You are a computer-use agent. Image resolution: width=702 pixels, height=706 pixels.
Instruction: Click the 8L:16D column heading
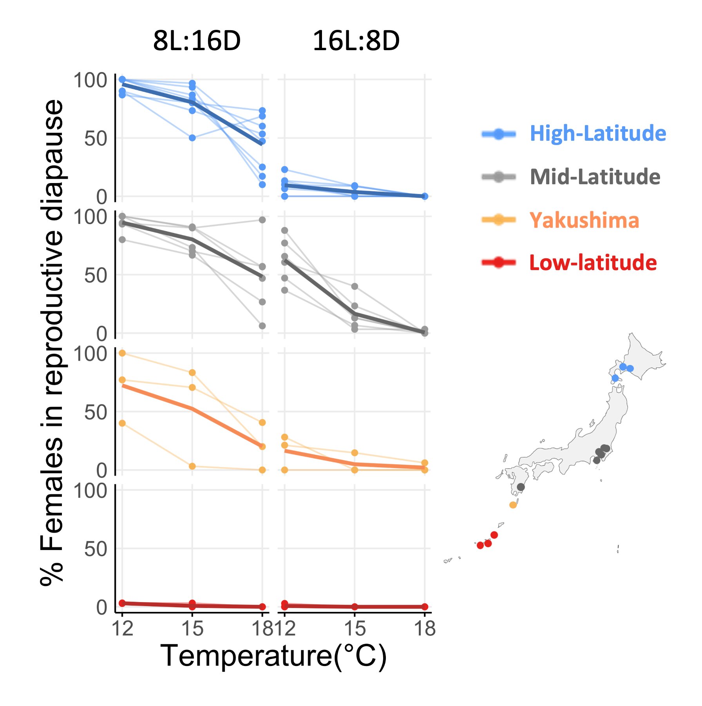coord(197,41)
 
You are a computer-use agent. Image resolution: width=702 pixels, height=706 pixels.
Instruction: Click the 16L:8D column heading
coord(356,41)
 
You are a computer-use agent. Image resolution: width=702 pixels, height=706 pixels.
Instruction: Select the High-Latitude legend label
coord(597,133)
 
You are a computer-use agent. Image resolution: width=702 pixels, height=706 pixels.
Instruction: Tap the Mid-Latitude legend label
coord(595,177)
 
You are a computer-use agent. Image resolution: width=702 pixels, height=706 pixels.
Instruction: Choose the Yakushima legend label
coord(584,220)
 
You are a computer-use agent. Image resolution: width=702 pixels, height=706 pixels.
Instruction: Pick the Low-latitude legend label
coord(593,263)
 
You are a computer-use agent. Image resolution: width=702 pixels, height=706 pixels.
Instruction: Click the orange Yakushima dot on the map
coord(513,505)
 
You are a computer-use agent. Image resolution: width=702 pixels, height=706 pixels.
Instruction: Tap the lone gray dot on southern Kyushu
coord(521,487)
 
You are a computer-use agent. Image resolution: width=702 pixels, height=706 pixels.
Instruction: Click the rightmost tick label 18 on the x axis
coord(425,629)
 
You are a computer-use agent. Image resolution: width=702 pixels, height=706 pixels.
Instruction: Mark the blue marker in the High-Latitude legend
coord(498,134)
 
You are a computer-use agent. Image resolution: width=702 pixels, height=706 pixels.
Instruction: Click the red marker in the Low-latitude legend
coord(498,263)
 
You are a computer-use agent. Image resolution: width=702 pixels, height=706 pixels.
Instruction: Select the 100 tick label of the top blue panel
coord(90,80)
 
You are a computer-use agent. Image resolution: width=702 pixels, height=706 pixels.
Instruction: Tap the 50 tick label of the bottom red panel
coord(95,549)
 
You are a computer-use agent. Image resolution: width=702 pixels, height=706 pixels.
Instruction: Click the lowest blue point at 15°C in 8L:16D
coord(192,138)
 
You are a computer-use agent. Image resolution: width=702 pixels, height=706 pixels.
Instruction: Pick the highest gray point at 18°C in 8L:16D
coord(262,220)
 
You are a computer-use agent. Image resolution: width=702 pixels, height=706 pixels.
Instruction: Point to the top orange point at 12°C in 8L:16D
coord(122,353)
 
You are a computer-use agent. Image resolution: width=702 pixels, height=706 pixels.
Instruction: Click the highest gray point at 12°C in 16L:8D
coord(285,230)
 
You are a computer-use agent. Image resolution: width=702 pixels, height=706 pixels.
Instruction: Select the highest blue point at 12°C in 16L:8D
coord(285,170)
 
